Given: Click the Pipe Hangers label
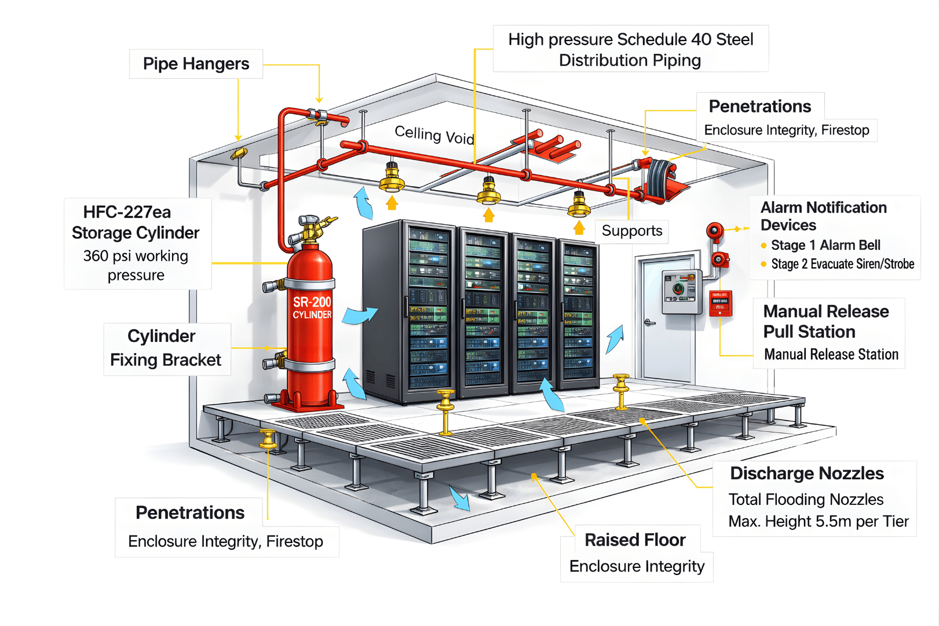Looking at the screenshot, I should tap(196, 64).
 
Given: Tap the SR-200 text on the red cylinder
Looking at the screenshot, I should tap(312, 302).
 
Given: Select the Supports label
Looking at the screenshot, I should tap(631, 231).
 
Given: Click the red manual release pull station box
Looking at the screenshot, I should tap(720, 303).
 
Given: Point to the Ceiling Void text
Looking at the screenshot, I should tap(434, 135).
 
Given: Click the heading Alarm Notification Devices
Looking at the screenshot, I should tap(823, 216).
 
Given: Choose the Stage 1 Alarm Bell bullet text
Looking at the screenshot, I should tap(825, 245).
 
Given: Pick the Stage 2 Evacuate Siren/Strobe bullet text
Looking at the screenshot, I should tap(842, 264).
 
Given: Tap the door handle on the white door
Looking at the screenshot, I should tap(650, 322).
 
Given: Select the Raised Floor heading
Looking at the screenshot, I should tap(635, 540).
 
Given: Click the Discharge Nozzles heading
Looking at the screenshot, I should tap(806, 474).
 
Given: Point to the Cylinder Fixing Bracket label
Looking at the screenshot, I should tap(166, 348).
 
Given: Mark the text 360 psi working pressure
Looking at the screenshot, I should tap(136, 265).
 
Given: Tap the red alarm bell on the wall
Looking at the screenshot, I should tap(714, 231).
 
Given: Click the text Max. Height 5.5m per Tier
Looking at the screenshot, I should tap(818, 522).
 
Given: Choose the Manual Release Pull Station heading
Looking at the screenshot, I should tap(825, 322).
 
